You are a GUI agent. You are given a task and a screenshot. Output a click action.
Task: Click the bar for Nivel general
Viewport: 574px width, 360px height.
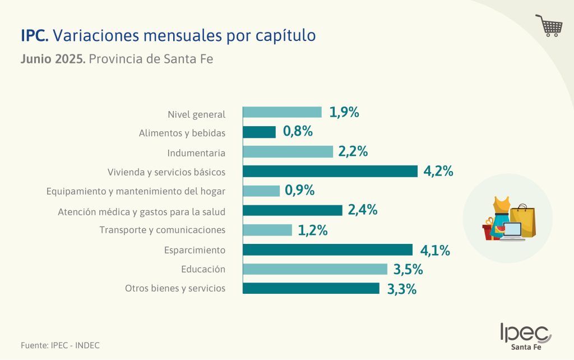pos(282,112)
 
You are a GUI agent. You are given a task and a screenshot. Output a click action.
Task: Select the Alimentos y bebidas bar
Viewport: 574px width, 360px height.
pos(259,132)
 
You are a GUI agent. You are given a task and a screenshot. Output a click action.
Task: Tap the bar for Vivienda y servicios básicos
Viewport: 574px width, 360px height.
pos(330,171)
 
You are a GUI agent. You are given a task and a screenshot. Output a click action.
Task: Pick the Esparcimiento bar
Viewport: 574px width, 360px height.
pos(327,250)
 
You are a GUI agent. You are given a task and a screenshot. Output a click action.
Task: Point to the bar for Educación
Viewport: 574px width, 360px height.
pos(315,269)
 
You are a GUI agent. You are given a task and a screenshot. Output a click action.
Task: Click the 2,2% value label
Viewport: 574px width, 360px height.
pos(353,151)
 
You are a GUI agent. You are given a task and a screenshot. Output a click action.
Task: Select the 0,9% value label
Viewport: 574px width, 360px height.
pos(300,191)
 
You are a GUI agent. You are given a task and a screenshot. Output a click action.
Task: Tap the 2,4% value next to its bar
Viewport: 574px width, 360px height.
pos(363,210)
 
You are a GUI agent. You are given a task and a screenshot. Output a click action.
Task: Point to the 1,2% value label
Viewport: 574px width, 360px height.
pos(313,230)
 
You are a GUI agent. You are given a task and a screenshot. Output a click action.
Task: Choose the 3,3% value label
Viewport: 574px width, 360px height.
pos(402,289)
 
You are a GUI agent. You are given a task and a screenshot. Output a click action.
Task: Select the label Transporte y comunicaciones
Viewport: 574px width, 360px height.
pos(163,230)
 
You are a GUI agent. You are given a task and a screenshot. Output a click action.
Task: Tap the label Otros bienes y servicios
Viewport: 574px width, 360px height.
pos(175,289)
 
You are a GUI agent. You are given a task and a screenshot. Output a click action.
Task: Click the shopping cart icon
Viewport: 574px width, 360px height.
pos(549,26)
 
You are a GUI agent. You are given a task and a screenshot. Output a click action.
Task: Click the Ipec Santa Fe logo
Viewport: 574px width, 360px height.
pos(525,336)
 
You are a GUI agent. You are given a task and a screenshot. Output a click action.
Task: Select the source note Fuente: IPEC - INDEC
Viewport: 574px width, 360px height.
pos(56,345)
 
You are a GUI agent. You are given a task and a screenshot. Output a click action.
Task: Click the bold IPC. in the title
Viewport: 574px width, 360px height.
pos(35,36)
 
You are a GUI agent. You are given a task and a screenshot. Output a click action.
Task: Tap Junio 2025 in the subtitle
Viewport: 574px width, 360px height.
pos(53,59)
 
